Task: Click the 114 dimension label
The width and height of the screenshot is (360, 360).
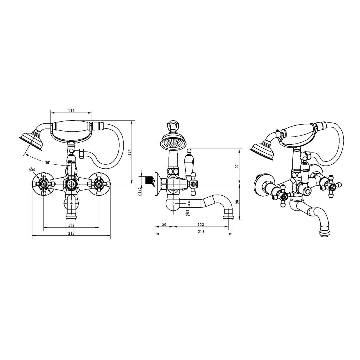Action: click(71, 111)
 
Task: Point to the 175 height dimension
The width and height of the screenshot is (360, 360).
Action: click(129, 153)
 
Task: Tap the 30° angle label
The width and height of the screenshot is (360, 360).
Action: click(48, 163)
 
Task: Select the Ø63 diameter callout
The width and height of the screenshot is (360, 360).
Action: click(32, 170)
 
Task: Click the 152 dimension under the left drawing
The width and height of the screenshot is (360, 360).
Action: click(71, 225)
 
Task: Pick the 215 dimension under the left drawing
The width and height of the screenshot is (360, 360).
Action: click(71, 233)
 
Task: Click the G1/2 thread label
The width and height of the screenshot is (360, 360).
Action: click(140, 191)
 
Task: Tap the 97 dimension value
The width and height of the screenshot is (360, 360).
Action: click(237, 166)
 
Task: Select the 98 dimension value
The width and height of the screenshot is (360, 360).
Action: click(237, 202)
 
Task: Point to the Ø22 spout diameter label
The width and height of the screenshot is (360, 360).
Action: click(187, 213)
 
